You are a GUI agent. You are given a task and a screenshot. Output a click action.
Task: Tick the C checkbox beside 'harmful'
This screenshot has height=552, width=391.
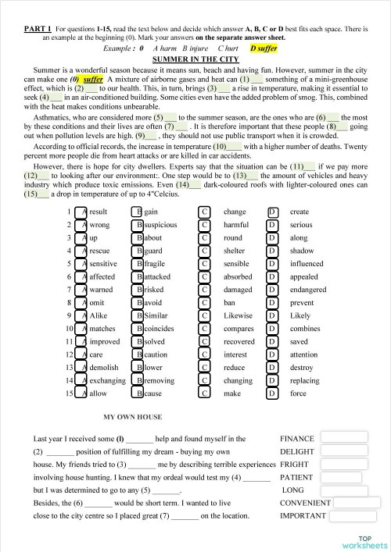coord(205,225)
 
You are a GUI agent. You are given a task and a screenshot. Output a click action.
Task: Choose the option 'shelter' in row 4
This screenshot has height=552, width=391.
coord(235,251)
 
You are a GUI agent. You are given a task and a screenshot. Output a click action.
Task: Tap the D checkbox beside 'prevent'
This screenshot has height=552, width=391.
coord(273,303)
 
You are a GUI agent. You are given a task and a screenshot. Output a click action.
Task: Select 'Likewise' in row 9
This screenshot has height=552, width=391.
coord(239,315)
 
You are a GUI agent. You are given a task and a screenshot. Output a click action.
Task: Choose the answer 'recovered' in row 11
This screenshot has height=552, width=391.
coord(239,341)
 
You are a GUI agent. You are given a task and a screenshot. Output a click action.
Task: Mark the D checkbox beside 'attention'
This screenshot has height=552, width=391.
coord(273,354)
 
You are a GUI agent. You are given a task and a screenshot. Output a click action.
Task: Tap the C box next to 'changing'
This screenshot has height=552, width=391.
coord(205,380)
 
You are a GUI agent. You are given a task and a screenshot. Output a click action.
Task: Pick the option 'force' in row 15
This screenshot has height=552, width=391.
coord(299,393)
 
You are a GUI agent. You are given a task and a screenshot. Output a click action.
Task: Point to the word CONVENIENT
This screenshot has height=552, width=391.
coord(305,503)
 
